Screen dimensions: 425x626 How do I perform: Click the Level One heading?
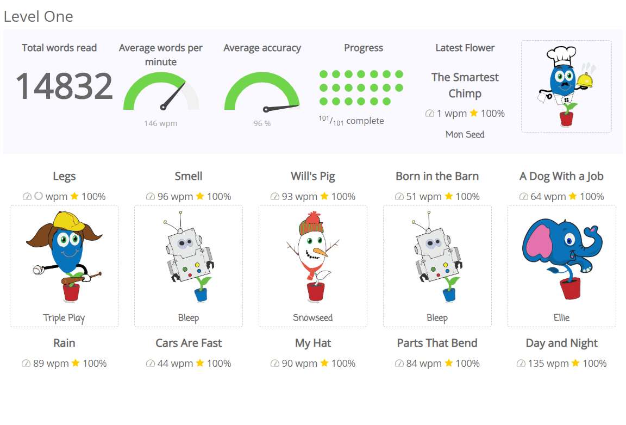tap(38, 16)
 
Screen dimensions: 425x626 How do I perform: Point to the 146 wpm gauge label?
tap(161, 123)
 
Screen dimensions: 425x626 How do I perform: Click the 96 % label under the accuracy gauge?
tap(262, 123)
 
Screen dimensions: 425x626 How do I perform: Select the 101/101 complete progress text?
tap(351, 121)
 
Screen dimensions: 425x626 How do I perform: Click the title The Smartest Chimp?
tap(465, 85)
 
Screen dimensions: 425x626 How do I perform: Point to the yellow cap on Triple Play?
tap(67, 220)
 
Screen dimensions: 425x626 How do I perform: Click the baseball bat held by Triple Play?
tap(82, 278)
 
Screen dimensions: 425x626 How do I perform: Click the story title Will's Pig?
tap(312, 176)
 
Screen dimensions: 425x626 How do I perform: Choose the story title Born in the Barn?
tap(437, 176)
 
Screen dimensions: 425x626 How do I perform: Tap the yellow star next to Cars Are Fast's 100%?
tap(200, 363)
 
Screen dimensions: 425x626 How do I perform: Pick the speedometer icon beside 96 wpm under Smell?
tap(151, 197)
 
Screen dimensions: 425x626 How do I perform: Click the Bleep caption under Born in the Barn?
tap(437, 318)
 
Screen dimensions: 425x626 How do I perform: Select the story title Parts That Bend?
tap(437, 343)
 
